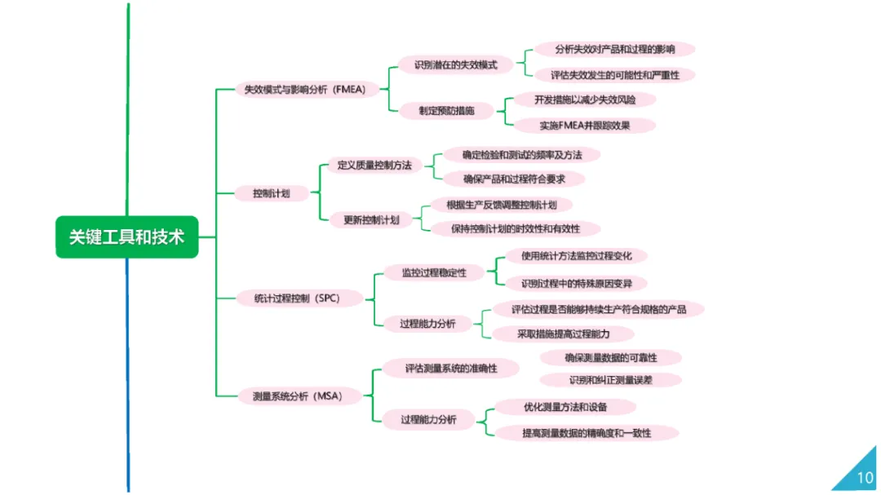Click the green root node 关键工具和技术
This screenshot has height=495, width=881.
coord(126,236)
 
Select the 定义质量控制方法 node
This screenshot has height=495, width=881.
coord(374,165)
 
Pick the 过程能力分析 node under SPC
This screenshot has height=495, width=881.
coord(427,324)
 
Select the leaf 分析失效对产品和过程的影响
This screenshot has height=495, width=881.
coord(614,49)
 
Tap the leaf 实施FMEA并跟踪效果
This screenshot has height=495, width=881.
coord(585,126)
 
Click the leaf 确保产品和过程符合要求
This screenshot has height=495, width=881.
coord(514,179)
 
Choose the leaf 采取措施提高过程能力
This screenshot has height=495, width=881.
coord(563,334)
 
